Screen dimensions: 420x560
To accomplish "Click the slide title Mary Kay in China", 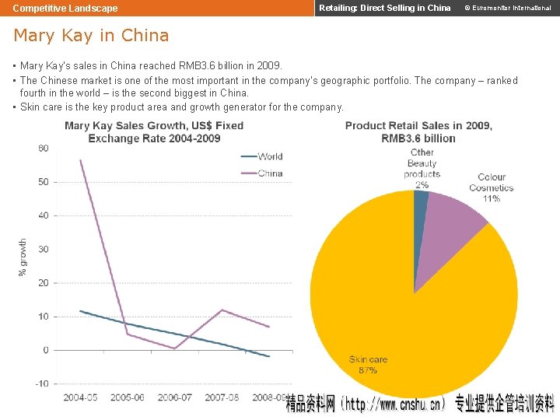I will pyautogui.click(x=91, y=36).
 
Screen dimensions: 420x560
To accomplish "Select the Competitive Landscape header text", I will pyautogui.click(x=65, y=9).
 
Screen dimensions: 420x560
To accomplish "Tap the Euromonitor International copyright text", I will pyautogui.click(x=507, y=9).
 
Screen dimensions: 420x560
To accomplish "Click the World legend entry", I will pyautogui.click(x=270, y=156).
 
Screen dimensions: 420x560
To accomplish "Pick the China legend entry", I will pyautogui.click(x=270, y=173).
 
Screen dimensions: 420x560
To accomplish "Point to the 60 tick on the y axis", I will pyautogui.click(x=43, y=149).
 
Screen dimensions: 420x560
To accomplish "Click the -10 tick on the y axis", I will pyautogui.click(x=41, y=384).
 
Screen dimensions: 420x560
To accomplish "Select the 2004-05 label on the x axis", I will pyautogui.click(x=81, y=398).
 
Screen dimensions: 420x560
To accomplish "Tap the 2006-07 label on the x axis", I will pyautogui.click(x=175, y=398).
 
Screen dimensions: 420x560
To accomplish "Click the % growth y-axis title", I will pyautogui.click(x=23, y=257).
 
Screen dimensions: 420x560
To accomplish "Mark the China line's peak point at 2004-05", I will pyautogui.click(x=81, y=160).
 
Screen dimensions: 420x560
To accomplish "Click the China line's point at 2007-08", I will pyautogui.click(x=222, y=310).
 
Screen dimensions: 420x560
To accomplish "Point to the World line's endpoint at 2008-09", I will pyautogui.click(x=269, y=356).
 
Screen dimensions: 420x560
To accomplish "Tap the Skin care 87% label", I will pyautogui.click(x=368, y=365).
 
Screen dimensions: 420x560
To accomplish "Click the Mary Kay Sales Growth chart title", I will pyautogui.click(x=154, y=131).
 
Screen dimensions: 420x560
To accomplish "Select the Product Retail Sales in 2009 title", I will pyautogui.click(x=418, y=131).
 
